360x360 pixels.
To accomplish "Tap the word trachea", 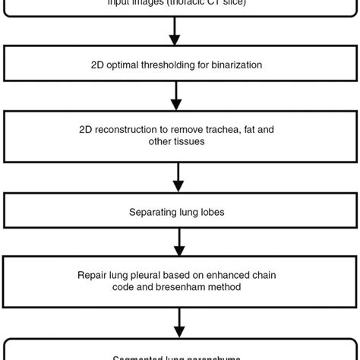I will (x=214, y=130).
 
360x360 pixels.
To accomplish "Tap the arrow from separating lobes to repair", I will (x=179, y=242).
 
